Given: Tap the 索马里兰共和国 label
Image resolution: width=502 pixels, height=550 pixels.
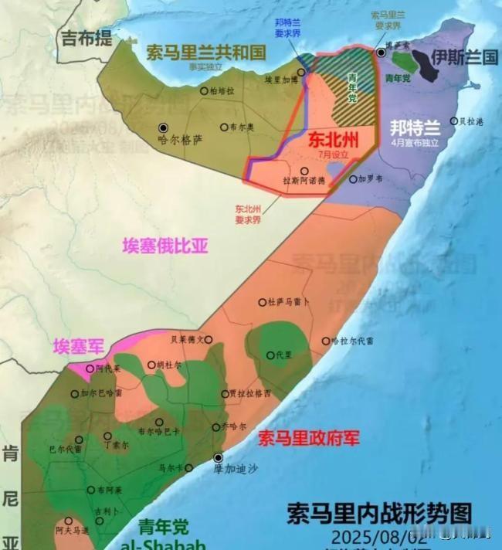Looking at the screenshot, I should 206,52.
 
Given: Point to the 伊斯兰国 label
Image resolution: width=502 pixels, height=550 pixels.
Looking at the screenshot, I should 465,58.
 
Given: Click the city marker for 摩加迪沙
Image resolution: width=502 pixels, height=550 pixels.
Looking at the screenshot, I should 219,457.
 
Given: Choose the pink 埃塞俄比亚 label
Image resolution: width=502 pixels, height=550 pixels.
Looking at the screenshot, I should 165,246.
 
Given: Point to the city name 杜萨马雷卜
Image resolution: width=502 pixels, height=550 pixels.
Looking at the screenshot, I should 289,302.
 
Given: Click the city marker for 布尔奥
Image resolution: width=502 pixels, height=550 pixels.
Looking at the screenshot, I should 224,127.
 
